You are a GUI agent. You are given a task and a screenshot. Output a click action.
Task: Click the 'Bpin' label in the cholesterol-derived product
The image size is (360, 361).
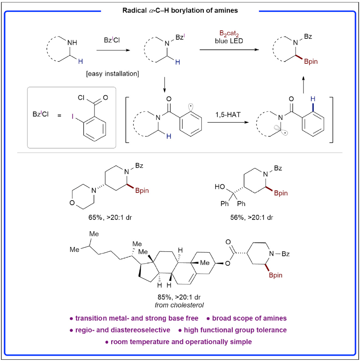pyautogui.click(x=284, y=276)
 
